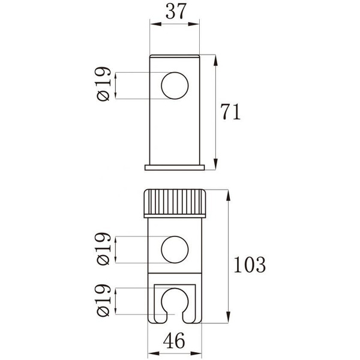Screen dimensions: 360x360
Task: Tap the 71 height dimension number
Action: pos(230,112)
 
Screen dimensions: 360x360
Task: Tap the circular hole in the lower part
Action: pos(175,248)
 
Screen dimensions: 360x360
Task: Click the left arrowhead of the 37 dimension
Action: pos(152,25)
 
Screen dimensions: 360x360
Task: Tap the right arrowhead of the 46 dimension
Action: pos(201,329)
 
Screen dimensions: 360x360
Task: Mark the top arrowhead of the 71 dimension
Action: pos(215,58)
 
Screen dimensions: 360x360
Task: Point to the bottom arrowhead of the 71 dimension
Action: pos(215,167)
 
